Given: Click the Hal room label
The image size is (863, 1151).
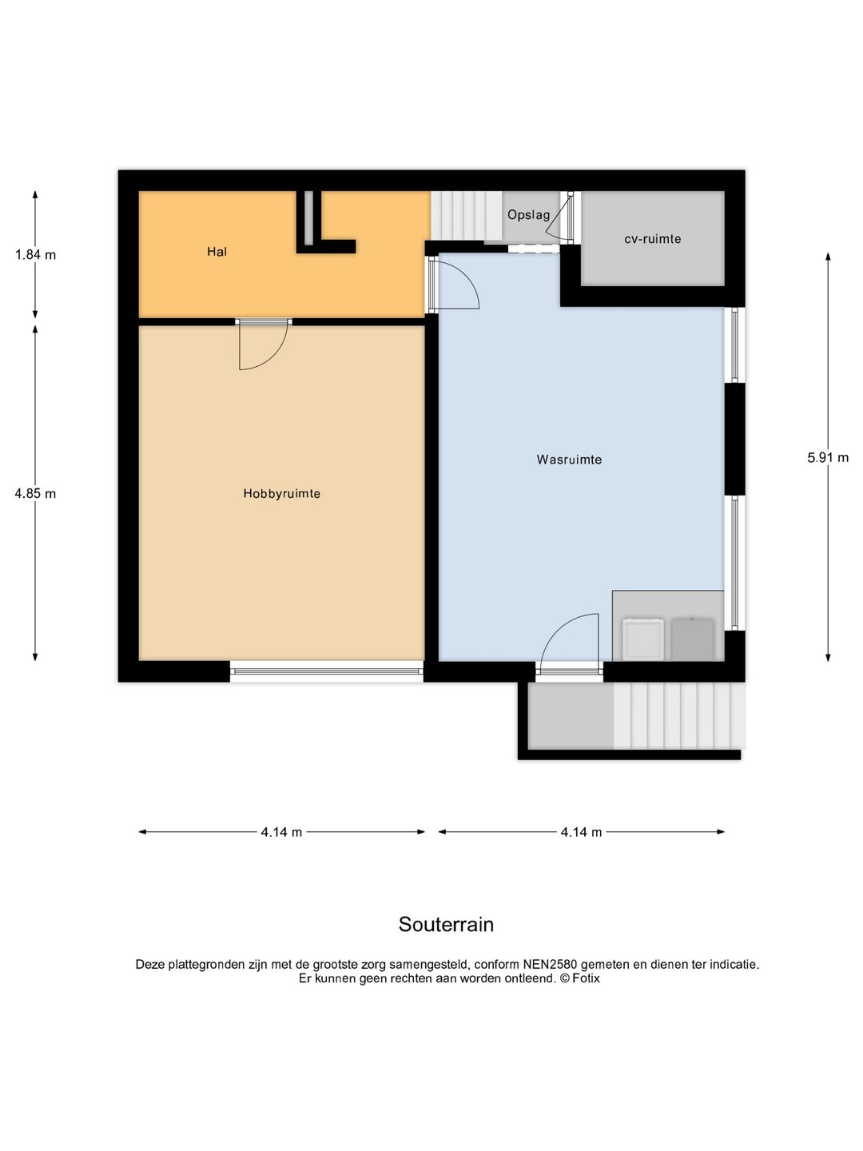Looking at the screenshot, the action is pos(217,252).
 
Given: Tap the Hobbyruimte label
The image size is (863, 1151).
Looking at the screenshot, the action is pos(281,493).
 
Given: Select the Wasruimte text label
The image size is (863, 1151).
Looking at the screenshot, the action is pos(569,460).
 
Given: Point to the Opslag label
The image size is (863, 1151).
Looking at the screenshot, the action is pos(529,215).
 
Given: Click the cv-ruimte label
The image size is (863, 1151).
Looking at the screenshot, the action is pos(652,239).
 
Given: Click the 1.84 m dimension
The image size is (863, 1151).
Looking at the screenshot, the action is pos(35,255).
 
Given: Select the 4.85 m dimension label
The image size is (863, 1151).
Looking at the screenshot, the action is pos(35,493).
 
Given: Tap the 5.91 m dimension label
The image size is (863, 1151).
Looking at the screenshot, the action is pos(827,457).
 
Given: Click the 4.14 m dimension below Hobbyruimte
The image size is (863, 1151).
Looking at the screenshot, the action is pos(281,831).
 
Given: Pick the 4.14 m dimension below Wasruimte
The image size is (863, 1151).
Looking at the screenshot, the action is pos(581,831).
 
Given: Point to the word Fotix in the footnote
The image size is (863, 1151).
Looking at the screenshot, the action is pos(586,978).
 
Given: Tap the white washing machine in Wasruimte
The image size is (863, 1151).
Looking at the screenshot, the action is pos(642,639).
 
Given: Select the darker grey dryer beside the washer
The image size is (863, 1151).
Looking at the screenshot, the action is pos(693,639).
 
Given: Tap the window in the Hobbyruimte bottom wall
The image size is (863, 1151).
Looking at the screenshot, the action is pos(327,671).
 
